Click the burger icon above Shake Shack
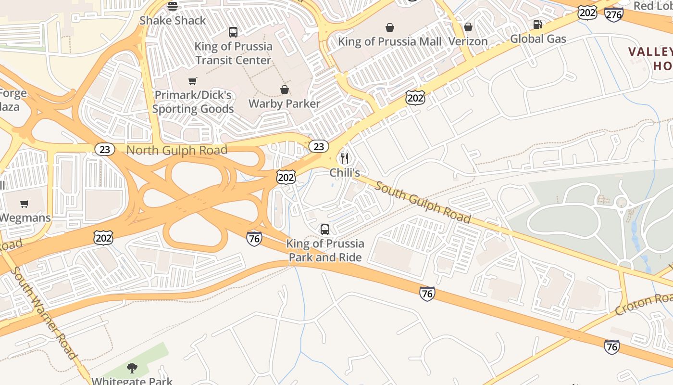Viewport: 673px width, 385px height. click(173, 6)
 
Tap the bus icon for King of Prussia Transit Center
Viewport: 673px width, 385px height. click(233, 32)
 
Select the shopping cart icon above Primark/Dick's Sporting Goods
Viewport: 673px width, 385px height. click(193, 81)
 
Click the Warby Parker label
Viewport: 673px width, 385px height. click(284, 103)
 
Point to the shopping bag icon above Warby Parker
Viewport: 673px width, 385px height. click(285, 90)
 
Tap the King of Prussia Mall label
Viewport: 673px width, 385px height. click(389, 41)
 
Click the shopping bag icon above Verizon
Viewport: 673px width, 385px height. click(468, 27)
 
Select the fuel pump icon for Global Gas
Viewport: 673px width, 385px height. click(538, 25)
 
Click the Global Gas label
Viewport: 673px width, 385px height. click(538, 38)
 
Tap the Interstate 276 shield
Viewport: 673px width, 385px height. click(614, 14)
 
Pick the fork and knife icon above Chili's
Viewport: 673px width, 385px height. click(345, 158)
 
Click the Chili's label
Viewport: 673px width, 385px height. click(345, 172)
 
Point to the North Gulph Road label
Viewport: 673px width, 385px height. click(176, 150)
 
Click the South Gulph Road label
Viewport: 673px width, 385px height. click(423, 202)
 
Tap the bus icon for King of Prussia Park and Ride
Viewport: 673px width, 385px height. click(325, 230)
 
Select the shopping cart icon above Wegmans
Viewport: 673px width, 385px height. click(25, 204)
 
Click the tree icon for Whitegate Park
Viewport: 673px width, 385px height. click(132, 369)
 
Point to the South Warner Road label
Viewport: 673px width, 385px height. click(43, 313)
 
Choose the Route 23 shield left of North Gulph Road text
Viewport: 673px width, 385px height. click(104, 149)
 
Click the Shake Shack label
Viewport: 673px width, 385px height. click(173, 20)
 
